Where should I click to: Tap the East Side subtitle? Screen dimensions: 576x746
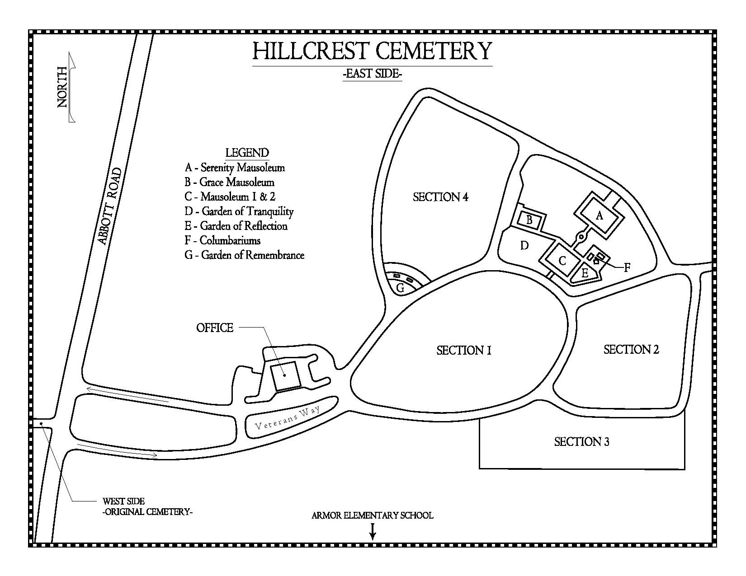click(372, 74)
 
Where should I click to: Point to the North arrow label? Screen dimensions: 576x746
click(63, 87)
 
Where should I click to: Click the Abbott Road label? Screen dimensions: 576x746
click(110, 206)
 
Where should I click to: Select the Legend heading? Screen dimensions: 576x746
click(247, 153)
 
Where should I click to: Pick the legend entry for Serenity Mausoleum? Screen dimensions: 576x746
click(235, 168)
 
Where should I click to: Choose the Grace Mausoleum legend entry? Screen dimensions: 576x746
click(229, 182)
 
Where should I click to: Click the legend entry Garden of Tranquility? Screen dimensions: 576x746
click(239, 211)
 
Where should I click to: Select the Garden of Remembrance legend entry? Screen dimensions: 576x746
click(244, 255)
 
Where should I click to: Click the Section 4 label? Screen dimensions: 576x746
click(440, 197)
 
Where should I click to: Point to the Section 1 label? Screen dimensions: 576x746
click(463, 350)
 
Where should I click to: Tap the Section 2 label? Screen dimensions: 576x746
click(631, 349)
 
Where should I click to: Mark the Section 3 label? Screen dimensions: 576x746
click(581, 441)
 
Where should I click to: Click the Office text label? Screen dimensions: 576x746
click(215, 328)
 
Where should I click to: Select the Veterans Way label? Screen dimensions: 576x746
click(288, 418)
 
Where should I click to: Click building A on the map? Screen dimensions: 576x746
click(600, 215)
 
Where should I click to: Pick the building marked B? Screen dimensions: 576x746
click(529, 220)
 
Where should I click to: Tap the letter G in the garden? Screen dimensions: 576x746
click(400, 288)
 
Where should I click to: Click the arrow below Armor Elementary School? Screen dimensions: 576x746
click(373, 531)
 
